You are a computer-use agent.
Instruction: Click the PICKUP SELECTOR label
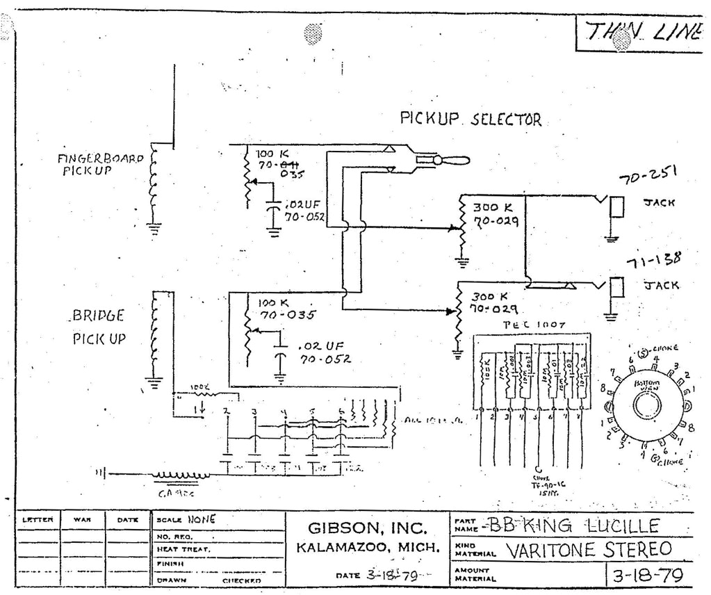coord(470,119)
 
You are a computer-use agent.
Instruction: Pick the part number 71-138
coord(653,261)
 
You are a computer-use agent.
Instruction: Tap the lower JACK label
coord(661,285)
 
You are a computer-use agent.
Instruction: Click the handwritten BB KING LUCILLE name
coord(564,525)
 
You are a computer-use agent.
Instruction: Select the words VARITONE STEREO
coord(588,550)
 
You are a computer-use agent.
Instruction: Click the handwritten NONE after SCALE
coord(201,519)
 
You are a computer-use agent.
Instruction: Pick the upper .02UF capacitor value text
coord(303,206)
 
